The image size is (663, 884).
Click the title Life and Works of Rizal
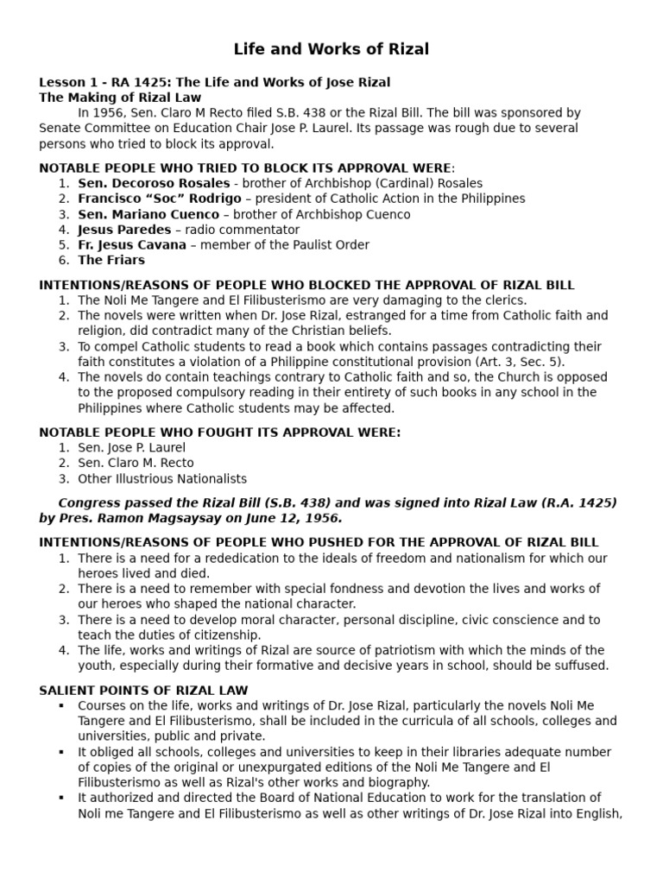(331, 49)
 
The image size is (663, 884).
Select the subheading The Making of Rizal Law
(120, 98)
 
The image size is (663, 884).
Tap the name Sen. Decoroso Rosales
(154, 183)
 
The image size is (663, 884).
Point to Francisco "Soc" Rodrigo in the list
(160, 199)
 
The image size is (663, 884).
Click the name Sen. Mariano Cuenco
(148, 214)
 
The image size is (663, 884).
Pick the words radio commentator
(249, 230)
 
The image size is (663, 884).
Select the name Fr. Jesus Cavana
(132, 245)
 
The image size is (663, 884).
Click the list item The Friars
(111, 261)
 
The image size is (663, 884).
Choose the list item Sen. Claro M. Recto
(136, 464)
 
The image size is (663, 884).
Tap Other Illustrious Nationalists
(162, 479)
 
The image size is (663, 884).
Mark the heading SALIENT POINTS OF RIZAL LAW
(143, 690)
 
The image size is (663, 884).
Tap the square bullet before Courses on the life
(62, 706)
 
